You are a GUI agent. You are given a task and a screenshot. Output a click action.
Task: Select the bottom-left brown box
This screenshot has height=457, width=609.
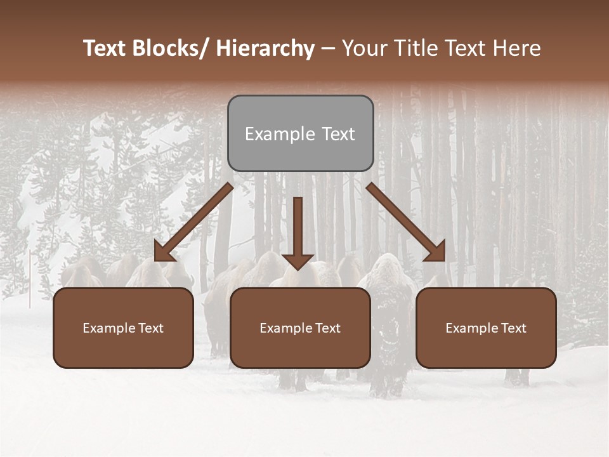click(x=123, y=328)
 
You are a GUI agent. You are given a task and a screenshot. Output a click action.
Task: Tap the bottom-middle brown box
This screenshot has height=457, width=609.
click(x=300, y=328)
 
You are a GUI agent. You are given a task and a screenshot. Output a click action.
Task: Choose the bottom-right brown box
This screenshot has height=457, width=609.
click(x=486, y=328)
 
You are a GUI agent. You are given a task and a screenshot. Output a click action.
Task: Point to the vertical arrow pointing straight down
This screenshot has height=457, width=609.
click(x=298, y=232)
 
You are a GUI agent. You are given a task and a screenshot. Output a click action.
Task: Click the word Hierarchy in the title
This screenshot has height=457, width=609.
click(x=265, y=48)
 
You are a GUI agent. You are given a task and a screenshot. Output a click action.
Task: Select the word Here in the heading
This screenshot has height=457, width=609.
click(x=516, y=48)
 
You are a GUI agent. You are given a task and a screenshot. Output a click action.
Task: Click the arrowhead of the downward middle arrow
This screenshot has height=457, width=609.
click(x=298, y=260)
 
